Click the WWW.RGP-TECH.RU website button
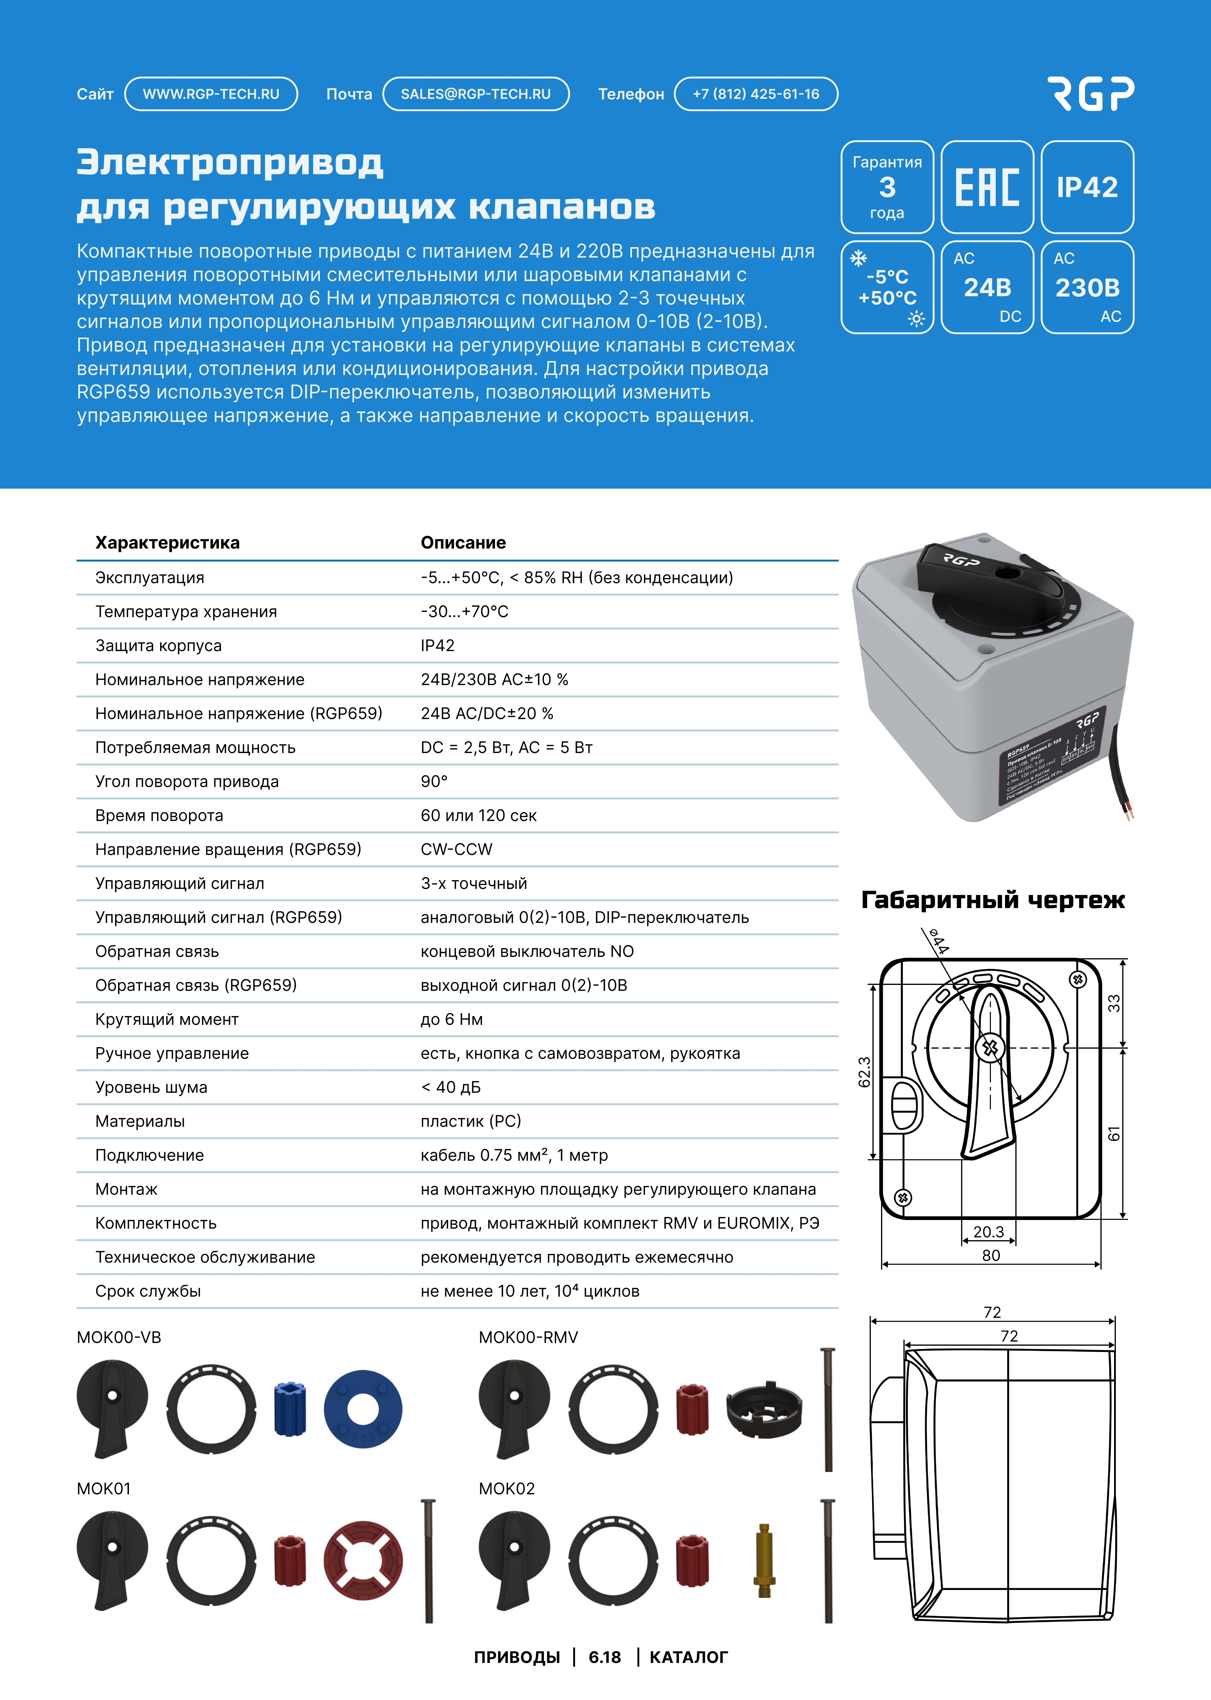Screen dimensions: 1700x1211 pos(211,94)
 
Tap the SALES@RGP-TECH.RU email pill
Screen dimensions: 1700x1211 pos(476,94)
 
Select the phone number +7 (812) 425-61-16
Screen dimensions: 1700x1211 pos(755,94)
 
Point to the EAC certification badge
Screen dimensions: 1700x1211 pos(987,187)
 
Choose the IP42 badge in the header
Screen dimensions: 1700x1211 pos(1087,187)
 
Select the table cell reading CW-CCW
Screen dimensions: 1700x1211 pos(456,849)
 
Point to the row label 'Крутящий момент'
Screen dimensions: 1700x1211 pos(167,1019)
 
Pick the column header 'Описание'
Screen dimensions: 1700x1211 pos(463,543)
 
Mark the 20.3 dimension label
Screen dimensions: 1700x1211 pos(989,1232)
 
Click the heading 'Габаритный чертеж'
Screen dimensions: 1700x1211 pos(993,900)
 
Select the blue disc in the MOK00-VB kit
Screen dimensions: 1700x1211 pos(363,1409)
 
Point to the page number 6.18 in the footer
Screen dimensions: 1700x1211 pos(605,1657)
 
